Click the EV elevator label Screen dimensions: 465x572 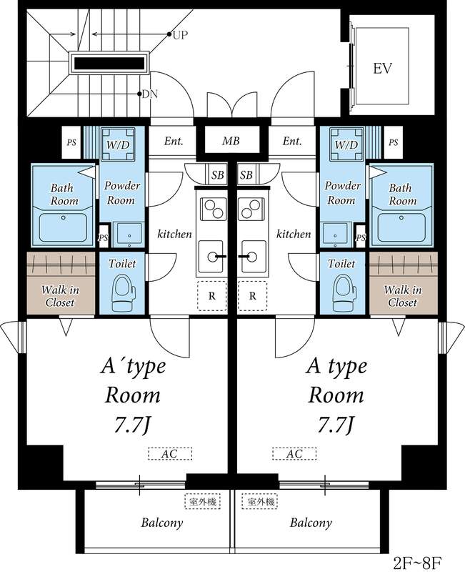(x=382, y=68)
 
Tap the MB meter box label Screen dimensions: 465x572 (x=231, y=141)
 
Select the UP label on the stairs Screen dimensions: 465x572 (x=180, y=35)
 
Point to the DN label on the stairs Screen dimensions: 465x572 (x=150, y=94)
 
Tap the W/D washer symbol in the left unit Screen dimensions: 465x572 (x=118, y=144)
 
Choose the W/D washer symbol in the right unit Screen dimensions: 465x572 (x=346, y=144)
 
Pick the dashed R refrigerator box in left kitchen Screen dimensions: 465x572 (x=212, y=296)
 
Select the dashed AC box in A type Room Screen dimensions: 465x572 (x=294, y=454)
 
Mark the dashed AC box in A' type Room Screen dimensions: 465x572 (x=170, y=454)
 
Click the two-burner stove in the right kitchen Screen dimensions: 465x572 (x=252, y=209)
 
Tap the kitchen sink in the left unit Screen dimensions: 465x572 (x=211, y=257)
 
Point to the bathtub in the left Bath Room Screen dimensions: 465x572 (x=63, y=227)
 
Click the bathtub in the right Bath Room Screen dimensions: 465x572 (x=401, y=227)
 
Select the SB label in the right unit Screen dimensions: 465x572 (x=246, y=175)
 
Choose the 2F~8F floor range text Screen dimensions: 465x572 (x=418, y=563)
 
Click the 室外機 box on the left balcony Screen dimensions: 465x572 (x=203, y=502)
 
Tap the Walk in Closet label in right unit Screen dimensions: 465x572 (x=403, y=296)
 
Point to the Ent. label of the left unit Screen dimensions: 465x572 (x=174, y=141)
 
